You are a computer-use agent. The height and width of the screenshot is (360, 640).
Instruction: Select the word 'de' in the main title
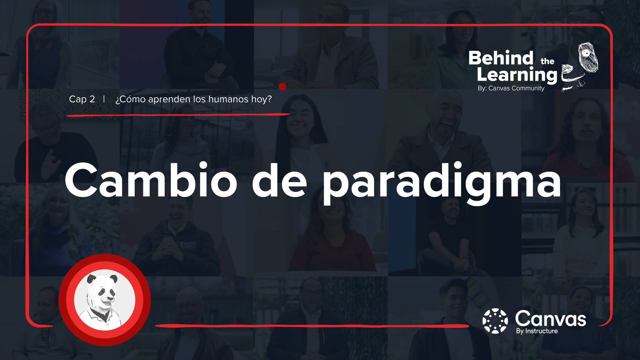click(279, 181)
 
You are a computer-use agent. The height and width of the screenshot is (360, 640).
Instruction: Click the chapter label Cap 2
click(82, 99)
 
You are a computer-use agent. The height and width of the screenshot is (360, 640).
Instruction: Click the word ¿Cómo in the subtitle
click(130, 99)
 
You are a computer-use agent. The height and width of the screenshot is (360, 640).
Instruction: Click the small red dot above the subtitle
click(282, 87)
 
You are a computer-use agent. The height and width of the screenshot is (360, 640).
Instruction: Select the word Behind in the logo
click(501, 58)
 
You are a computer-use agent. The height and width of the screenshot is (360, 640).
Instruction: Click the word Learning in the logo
click(517, 75)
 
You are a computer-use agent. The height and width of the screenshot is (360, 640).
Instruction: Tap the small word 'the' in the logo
click(547, 61)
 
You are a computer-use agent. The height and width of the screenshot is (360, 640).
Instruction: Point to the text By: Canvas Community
click(511, 88)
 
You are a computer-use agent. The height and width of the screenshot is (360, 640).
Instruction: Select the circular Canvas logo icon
click(495, 321)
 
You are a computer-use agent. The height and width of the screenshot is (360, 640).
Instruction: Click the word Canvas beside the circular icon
click(550, 319)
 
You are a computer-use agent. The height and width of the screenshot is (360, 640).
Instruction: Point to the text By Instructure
click(537, 331)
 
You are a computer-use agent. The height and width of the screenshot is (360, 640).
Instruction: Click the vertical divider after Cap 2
click(104, 99)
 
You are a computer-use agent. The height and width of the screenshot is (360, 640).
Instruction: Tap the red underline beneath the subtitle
click(178, 115)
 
